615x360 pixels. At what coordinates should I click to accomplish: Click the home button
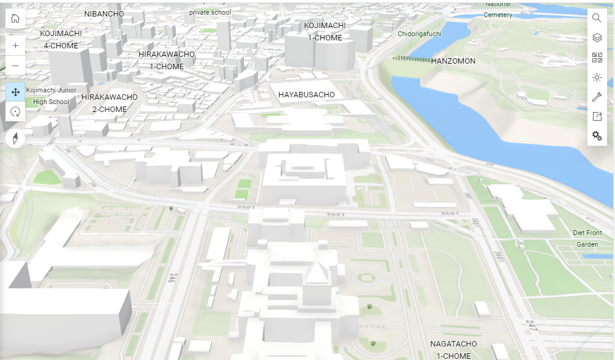click(x=15, y=18)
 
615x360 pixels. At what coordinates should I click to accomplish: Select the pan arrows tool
click(x=15, y=92)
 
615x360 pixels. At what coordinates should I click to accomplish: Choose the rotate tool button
click(x=15, y=111)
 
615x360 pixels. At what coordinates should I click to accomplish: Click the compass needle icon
click(x=15, y=138)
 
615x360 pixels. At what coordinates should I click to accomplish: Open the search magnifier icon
click(x=597, y=18)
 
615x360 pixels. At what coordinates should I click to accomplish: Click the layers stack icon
click(x=597, y=38)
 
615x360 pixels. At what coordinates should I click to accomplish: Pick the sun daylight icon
click(x=597, y=77)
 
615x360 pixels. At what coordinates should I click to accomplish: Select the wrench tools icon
click(x=597, y=97)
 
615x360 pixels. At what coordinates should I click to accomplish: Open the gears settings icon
click(x=597, y=136)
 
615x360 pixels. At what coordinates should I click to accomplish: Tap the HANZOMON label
click(x=453, y=61)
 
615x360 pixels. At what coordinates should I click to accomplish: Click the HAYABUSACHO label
click(x=306, y=95)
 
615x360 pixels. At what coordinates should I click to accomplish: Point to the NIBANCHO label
click(x=104, y=13)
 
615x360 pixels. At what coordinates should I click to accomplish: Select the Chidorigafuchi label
click(x=420, y=34)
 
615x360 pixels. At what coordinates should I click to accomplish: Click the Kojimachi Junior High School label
click(x=51, y=96)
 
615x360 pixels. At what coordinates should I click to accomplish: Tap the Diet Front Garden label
click(x=587, y=238)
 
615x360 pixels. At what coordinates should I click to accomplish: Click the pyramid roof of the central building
click(x=316, y=272)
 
